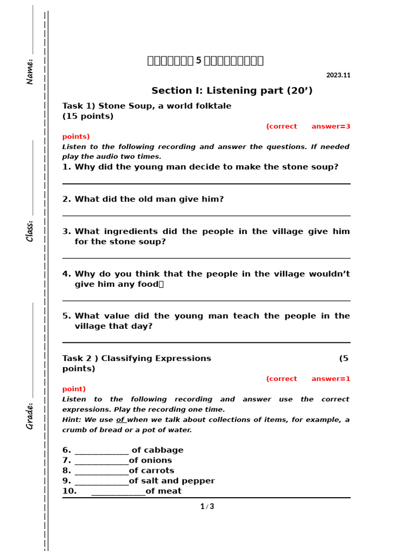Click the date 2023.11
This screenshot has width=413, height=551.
(x=338, y=75)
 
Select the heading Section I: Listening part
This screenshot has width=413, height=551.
(x=232, y=90)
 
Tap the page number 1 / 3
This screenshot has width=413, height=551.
(x=207, y=506)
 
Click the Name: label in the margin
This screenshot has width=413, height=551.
(x=30, y=71)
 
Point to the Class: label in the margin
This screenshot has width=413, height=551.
(x=30, y=230)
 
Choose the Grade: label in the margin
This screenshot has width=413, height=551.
(x=30, y=415)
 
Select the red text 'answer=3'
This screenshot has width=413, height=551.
(x=331, y=126)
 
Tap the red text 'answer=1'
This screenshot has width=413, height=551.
(x=331, y=379)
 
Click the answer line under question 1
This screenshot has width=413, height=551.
(x=206, y=183)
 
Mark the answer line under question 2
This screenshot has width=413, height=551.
(x=206, y=215)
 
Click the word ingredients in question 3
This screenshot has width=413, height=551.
(x=114, y=231)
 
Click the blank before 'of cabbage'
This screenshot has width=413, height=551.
(x=102, y=451)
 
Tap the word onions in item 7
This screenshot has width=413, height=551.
(x=157, y=461)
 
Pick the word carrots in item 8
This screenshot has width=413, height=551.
(x=157, y=471)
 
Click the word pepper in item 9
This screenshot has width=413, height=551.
(x=200, y=481)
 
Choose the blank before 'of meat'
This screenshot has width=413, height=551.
(x=118, y=492)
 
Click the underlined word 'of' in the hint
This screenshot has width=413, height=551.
(x=121, y=420)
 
